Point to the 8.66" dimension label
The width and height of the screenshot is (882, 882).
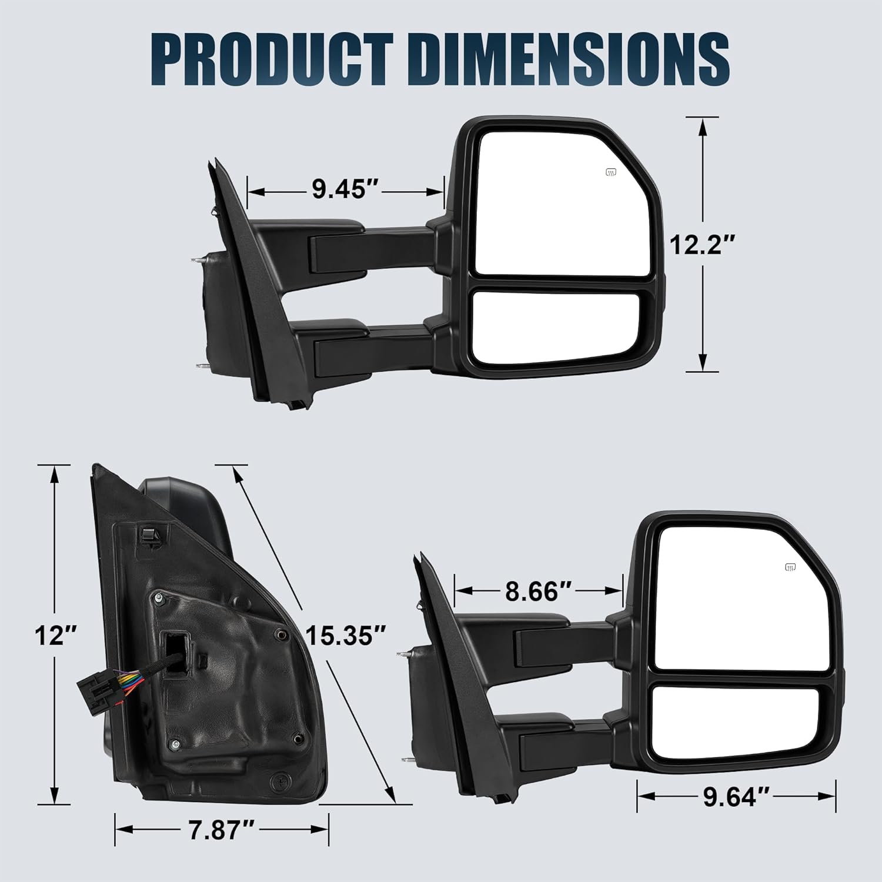[539, 591]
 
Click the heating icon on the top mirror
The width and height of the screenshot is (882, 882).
[611, 172]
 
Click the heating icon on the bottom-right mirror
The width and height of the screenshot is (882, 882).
[790, 567]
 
